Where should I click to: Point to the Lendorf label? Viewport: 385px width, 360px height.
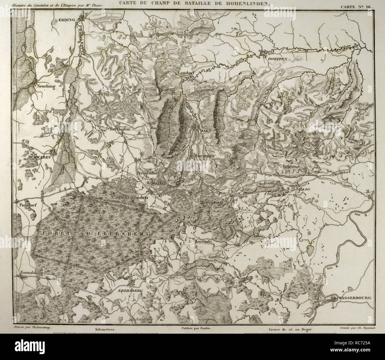pyautogui.click(x=186, y=73)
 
